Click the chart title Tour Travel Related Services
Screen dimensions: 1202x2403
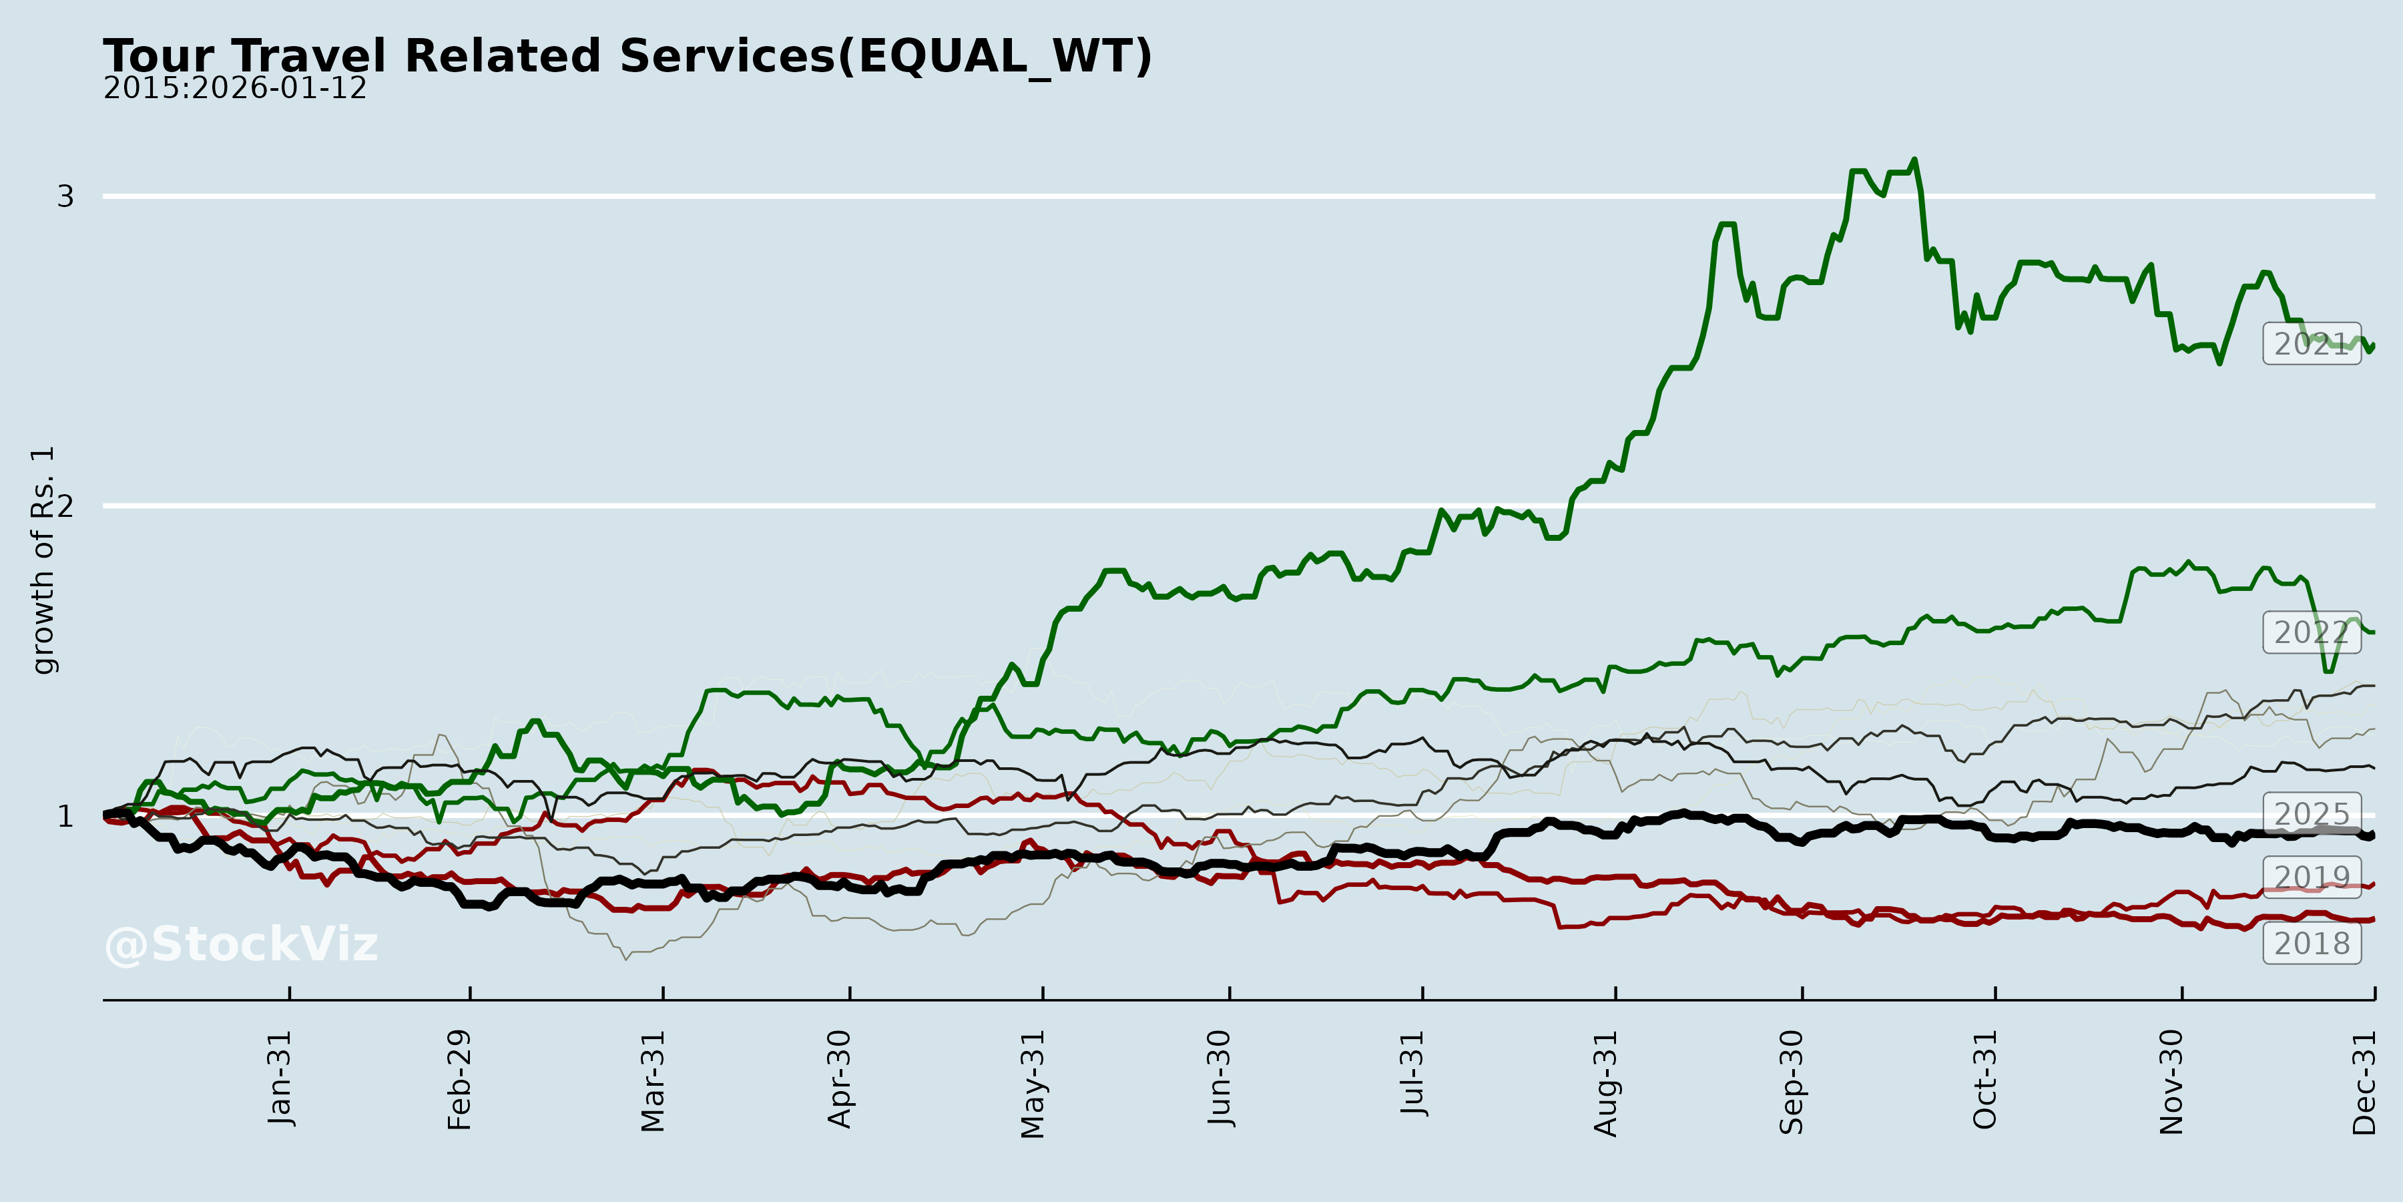627,56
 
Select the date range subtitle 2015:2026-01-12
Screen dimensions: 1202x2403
235,89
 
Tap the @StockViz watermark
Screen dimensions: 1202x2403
242,944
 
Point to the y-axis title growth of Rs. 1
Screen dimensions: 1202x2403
43,560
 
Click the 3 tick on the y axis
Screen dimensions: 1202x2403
65,197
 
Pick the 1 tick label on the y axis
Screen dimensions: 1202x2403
65,817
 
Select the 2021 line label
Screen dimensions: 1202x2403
2312,345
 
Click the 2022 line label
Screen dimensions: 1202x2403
2312,633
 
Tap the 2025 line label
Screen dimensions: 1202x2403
2312,814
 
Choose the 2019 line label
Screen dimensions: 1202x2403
2312,877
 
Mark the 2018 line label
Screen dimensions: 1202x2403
2312,944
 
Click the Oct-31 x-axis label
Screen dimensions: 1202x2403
1985,1080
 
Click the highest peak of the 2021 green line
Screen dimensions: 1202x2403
1914,160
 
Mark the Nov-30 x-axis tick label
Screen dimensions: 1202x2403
2171,1082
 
